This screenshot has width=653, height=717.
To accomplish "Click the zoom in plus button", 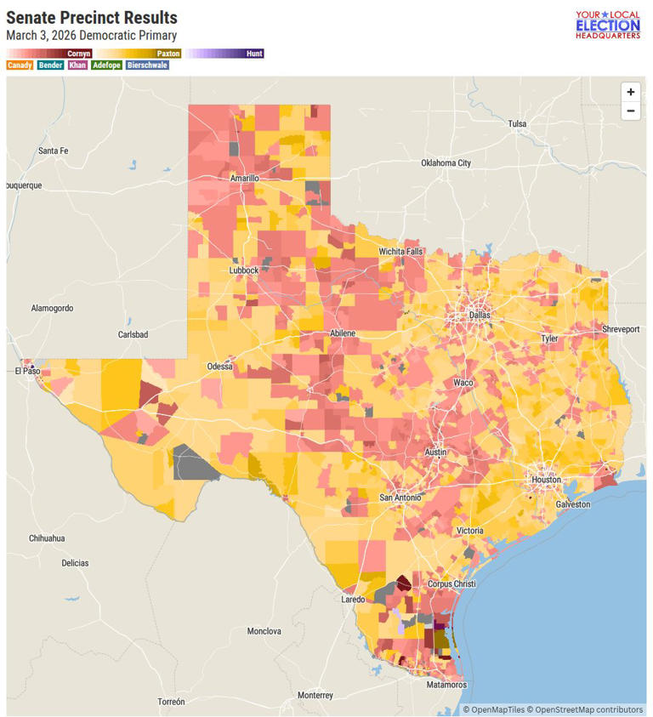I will pos(630,92).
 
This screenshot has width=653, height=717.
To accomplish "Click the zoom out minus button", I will pos(630,111).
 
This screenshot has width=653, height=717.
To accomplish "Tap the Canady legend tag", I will pos(20,65).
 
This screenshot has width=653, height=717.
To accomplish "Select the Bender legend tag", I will pos(50,65).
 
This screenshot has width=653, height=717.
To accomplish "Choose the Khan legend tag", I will pos(77,65).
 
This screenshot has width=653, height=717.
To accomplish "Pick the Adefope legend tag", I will pos(106,65).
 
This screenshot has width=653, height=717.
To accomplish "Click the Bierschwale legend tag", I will pos(147,65).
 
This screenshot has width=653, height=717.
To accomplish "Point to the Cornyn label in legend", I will pos(79,54).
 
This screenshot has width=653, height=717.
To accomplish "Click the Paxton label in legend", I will pos(168,54).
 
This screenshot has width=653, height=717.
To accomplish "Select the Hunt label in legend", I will pos(254,54).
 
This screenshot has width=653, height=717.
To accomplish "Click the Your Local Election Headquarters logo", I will pos(607,25).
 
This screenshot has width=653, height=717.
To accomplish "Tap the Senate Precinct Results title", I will pos(92,18).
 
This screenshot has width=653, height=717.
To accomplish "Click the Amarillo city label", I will pos(244,178).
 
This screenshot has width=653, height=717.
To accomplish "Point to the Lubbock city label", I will pos(243,270).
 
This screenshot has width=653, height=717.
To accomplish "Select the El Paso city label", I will pos(28,371).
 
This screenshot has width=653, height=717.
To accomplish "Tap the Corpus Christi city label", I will pos(451,584).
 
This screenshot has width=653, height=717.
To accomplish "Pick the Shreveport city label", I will pos(620,328).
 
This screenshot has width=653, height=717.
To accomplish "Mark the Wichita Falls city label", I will pos(400,252).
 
